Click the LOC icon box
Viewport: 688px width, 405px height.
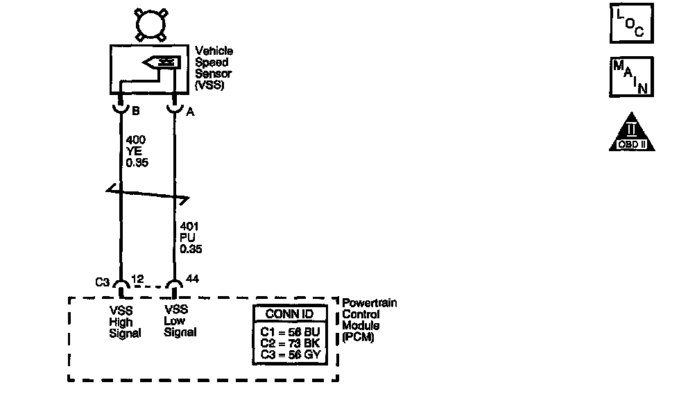[630, 25]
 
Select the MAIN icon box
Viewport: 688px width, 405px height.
[630, 76]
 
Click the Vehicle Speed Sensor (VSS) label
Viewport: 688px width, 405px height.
[214, 68]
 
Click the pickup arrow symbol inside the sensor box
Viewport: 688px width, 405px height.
[162, 64]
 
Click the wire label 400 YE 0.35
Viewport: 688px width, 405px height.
[137, 151]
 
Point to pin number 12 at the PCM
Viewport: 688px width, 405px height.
[137, 279]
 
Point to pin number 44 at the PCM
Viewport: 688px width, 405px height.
[192, 279]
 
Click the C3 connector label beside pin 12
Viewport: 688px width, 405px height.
[102, 282]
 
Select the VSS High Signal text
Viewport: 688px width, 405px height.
[124, 322]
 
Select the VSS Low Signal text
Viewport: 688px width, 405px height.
[180, 322]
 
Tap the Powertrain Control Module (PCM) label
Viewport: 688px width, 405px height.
[370, 320]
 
